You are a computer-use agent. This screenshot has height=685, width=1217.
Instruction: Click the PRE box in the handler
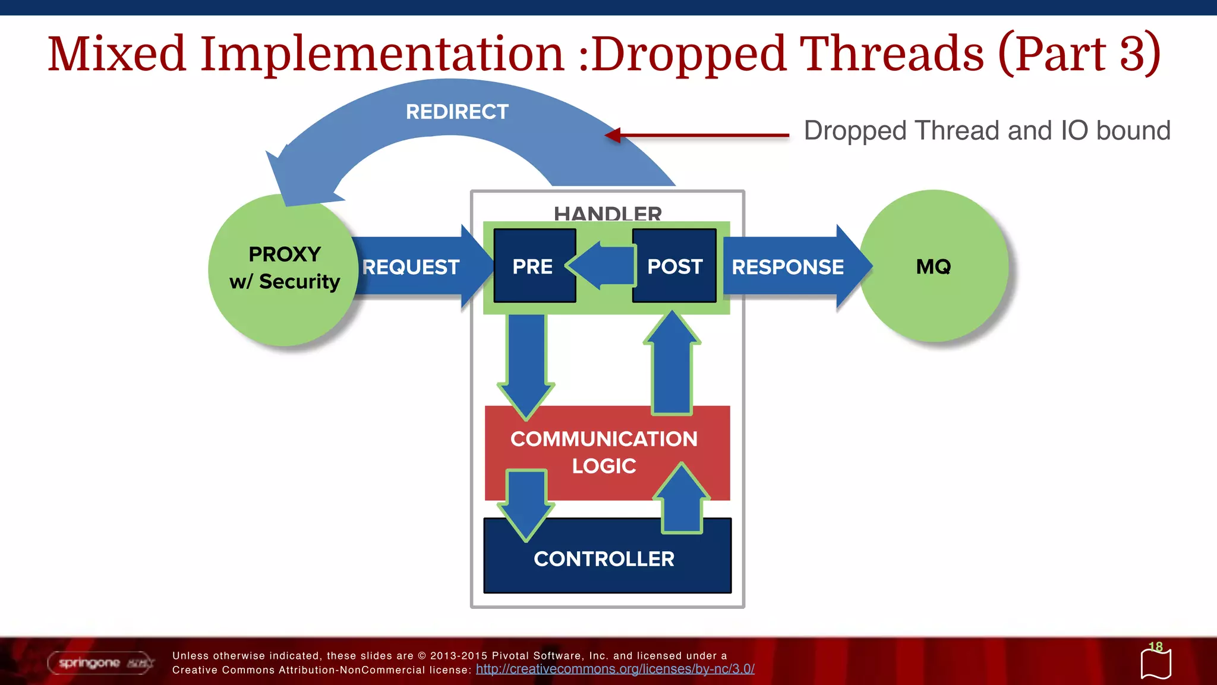534,266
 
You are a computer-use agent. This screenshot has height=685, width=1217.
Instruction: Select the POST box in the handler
674,266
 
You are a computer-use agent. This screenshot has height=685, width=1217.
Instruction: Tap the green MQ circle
934,266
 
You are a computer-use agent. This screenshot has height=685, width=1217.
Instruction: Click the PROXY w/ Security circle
284,269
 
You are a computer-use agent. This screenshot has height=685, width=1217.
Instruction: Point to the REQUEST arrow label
411,267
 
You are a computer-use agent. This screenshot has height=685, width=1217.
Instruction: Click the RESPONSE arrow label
787,267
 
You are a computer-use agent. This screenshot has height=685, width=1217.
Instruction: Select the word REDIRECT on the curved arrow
457,112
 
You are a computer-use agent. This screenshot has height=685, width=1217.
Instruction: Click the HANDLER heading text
607,213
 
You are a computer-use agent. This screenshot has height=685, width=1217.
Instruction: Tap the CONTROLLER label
604,559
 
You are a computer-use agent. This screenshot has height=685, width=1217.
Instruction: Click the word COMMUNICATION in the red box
604,439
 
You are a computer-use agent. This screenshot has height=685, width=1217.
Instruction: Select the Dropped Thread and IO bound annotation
986,131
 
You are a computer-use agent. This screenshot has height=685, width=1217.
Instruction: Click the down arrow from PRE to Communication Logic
526,363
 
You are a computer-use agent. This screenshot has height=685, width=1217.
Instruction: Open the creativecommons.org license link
615,669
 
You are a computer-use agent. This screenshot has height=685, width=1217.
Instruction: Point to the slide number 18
1155,646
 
